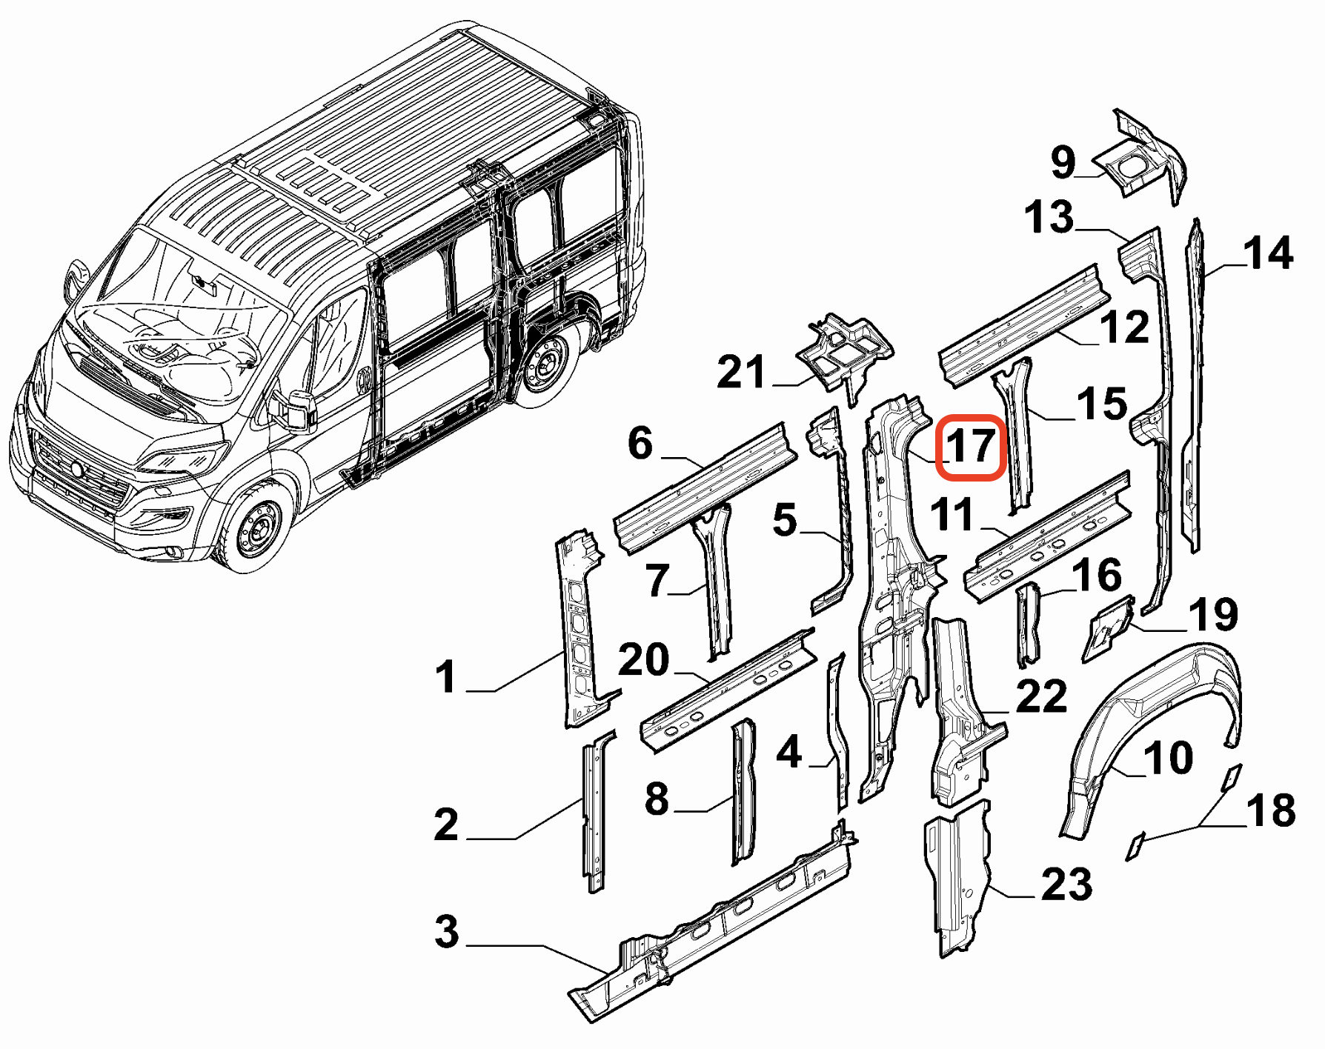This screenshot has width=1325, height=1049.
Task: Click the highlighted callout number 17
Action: click(970, 447)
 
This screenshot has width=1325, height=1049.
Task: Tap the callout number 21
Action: click(740, 372)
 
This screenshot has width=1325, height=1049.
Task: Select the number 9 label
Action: click(1063, 161)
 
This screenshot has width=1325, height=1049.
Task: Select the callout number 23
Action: click(1066, 885)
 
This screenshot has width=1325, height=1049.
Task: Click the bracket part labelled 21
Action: click(845, 351)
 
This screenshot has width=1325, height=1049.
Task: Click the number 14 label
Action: click(1269, 253)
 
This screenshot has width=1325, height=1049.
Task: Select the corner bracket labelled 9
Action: click(1141, 159)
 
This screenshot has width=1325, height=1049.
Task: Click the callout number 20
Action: click(643, 659)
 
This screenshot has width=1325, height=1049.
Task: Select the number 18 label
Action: click(1270, 810)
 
